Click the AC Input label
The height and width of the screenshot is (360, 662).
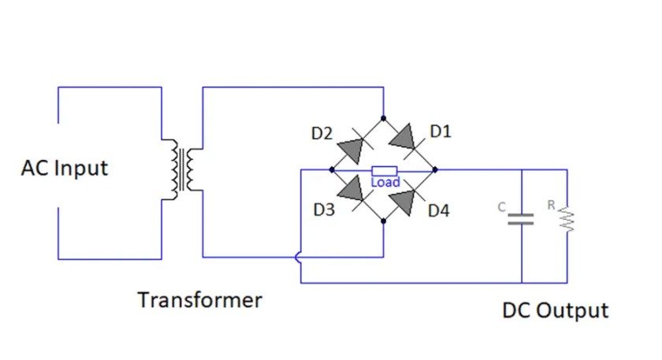65,169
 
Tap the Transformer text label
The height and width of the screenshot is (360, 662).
199,300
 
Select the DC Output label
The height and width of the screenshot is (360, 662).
555,310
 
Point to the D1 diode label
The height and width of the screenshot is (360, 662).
440,132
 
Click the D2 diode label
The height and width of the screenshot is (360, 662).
322,134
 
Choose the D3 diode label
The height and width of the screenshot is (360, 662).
324,210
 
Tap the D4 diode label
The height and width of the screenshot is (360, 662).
439,211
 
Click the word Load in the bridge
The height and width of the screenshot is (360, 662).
385,182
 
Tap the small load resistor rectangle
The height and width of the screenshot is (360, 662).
384,170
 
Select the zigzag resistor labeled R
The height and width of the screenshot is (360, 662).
566,221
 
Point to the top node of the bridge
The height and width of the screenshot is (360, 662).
383,118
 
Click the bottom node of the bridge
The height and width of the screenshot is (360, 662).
383,221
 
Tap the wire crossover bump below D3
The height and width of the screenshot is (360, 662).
299,257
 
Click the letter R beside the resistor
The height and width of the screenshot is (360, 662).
552,206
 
